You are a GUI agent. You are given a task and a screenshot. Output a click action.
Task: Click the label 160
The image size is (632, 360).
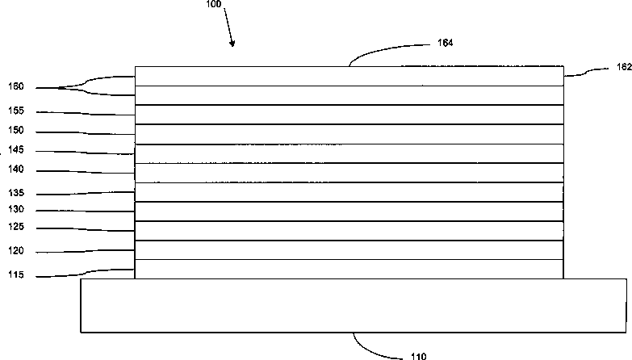(15, 87)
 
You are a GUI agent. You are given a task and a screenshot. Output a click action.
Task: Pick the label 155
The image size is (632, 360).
(15, 112)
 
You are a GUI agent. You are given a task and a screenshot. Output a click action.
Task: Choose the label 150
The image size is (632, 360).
(15, 132)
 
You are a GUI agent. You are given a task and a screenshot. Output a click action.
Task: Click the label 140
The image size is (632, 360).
(15, 170)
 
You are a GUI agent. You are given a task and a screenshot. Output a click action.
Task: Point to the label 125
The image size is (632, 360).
(15, 228)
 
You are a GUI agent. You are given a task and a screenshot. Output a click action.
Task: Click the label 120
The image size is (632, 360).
(15, 252)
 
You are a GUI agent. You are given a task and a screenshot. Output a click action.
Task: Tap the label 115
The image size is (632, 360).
(15, 276)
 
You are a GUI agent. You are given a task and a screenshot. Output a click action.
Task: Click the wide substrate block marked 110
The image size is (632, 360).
(353, 305)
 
